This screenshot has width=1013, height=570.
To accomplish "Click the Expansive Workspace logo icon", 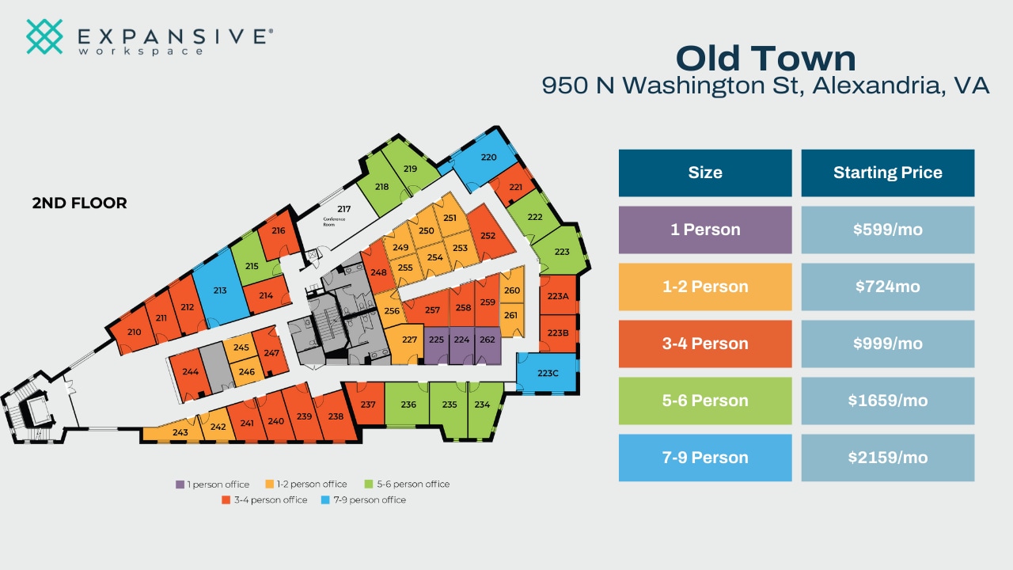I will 44,36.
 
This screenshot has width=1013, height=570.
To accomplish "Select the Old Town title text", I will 765,59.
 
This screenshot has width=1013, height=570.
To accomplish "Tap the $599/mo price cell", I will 887,230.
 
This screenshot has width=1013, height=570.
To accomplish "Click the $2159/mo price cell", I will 887,458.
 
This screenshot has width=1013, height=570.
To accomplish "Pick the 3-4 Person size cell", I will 704,344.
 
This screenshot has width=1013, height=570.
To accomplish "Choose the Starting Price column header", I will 887,173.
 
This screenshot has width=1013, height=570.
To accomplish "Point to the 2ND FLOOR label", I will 79,203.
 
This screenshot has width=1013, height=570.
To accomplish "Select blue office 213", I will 220,291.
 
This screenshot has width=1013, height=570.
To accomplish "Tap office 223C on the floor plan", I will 548,373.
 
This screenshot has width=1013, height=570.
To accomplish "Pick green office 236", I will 408,405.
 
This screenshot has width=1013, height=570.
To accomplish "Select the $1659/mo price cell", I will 887,401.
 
